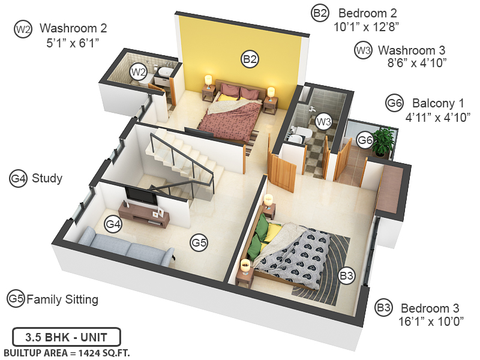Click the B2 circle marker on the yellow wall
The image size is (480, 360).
[x=250, y=58]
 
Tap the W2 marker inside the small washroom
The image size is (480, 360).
[x=139, y=73]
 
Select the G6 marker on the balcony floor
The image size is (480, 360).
[x=365, y=140]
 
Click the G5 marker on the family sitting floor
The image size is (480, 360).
[x=199, y=242]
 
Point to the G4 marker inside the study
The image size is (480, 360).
[x=113, y=224]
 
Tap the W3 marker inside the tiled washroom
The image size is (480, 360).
[x=324, y=122]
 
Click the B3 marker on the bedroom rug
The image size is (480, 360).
[x=347, y=275]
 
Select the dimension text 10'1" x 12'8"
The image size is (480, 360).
[x=366, y=26]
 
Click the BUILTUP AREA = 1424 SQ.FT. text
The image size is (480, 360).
[x=67, y=352]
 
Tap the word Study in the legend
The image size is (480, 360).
[x=47, y=178]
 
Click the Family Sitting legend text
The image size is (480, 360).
[x=62, y=299]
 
